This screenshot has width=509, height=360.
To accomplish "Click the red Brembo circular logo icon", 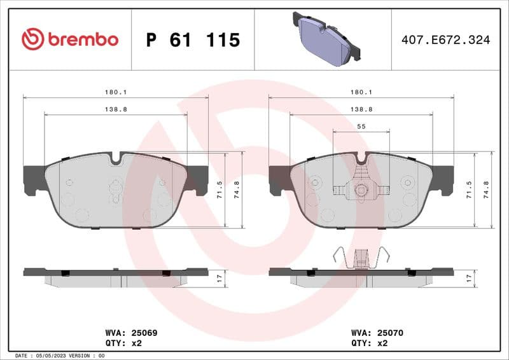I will coord(32,39).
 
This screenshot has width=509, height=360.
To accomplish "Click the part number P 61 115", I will coord(193,40).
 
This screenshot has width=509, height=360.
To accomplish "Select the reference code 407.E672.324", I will coord(445,40).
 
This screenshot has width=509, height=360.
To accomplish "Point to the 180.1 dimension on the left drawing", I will coord(115,92).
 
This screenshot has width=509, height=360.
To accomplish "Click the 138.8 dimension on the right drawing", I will coord(361,109).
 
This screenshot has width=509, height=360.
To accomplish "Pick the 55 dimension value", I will coord(361,127).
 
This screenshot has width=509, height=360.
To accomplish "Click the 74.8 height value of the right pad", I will coord(487,190).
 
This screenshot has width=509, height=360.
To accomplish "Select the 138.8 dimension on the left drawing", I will coord(115,109).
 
